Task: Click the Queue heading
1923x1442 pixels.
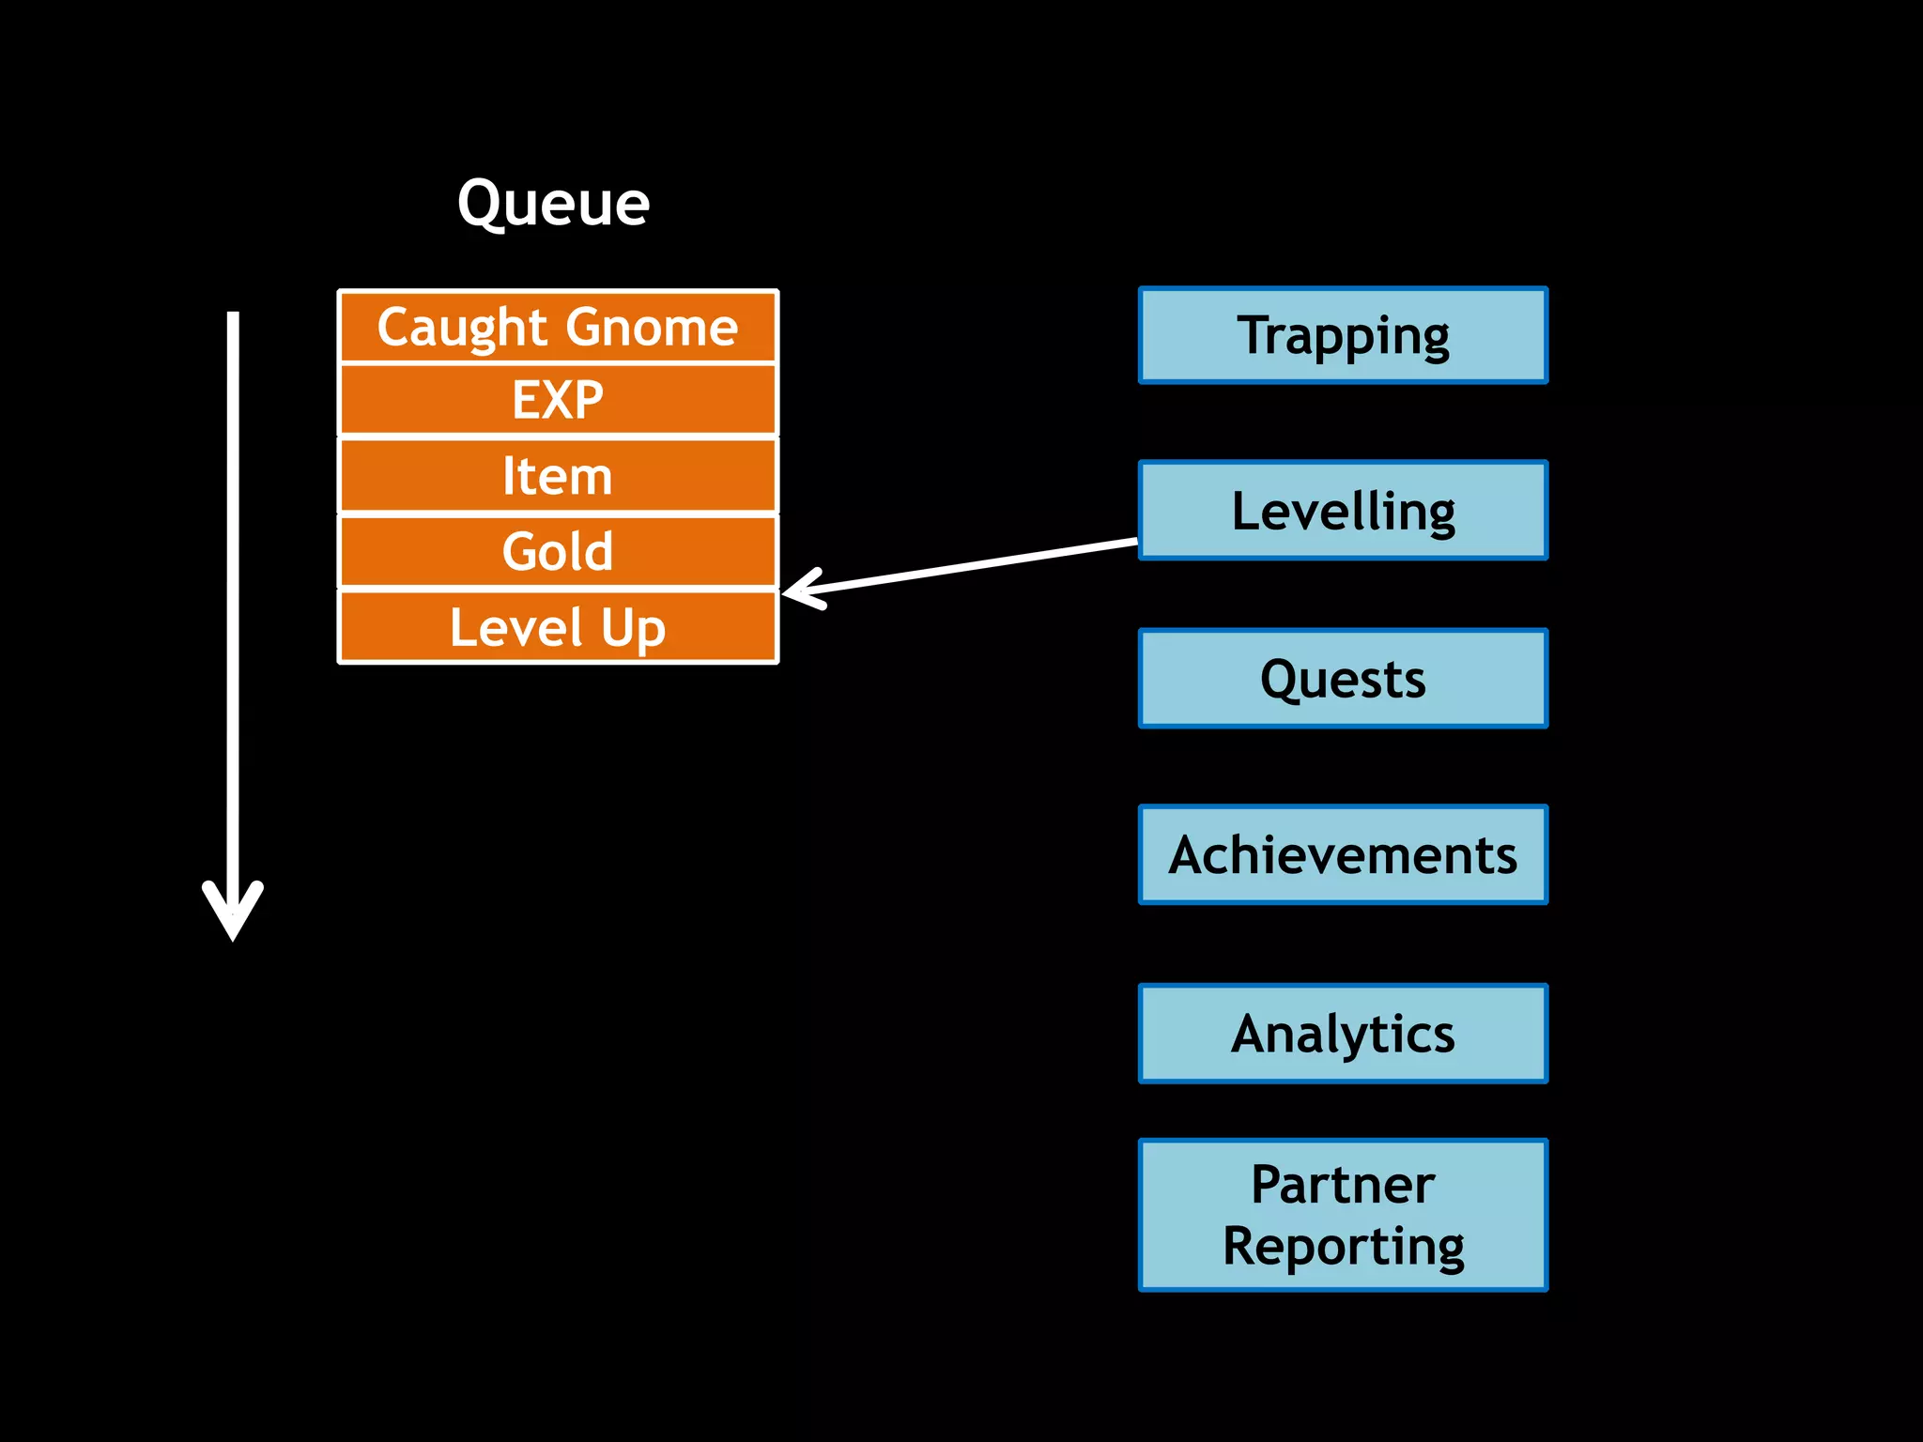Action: coord(553,203)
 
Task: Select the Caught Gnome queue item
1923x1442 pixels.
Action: coord(558,327)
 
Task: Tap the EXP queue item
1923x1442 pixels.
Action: coord(558,400)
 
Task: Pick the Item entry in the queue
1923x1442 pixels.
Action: coord(558,476)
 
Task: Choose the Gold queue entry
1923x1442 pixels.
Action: coord(558,551)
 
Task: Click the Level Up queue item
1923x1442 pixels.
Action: coord(558,627)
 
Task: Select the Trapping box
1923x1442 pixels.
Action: coord(1343,335)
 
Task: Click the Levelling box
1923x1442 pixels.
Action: coord(1343,511)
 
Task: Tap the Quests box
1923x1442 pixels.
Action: coord(1343,679)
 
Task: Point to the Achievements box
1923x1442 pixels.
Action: coord(1343,855)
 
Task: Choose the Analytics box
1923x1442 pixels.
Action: coord(1343,1034)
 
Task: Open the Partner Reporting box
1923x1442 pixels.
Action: coord(1343,1215)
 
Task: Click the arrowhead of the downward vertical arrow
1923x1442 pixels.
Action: coord(233,915)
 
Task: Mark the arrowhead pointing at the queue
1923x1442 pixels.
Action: coord(800,590)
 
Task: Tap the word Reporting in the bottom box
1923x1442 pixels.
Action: coord(1343,1247)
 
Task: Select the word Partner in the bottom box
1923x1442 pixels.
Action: coord(1343,1184)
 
